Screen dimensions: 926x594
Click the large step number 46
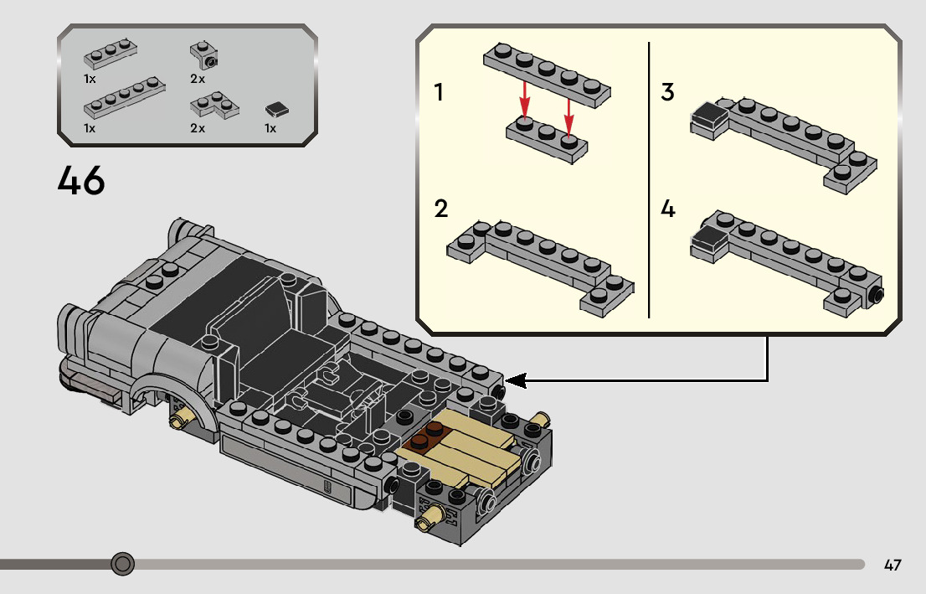pos(81,180)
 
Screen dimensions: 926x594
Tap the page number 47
pos(893,565)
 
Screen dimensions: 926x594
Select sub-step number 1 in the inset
pos(438,92)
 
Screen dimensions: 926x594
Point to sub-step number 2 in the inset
pos(440,209)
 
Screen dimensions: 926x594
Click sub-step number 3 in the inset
pos(667,91)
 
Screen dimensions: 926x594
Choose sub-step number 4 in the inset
pos(668,209)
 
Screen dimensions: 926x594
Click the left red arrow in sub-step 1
pos(524,99)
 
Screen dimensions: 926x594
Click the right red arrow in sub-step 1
pos(568,116)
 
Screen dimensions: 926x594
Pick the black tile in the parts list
pos(276,110)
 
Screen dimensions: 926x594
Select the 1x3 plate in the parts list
pos(111,54)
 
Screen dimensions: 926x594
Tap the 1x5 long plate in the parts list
pos(124,97)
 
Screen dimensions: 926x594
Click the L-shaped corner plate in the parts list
pos(214,106)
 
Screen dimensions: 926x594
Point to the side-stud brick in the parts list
pos(204,55)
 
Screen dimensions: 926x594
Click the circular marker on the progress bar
pos(123,564)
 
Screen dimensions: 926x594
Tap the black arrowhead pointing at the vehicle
pos(516,380)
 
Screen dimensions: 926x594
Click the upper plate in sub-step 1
pos(547,75)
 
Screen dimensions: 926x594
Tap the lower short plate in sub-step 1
pos(547,140)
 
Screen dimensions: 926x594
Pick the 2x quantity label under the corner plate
pos(198,128)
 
